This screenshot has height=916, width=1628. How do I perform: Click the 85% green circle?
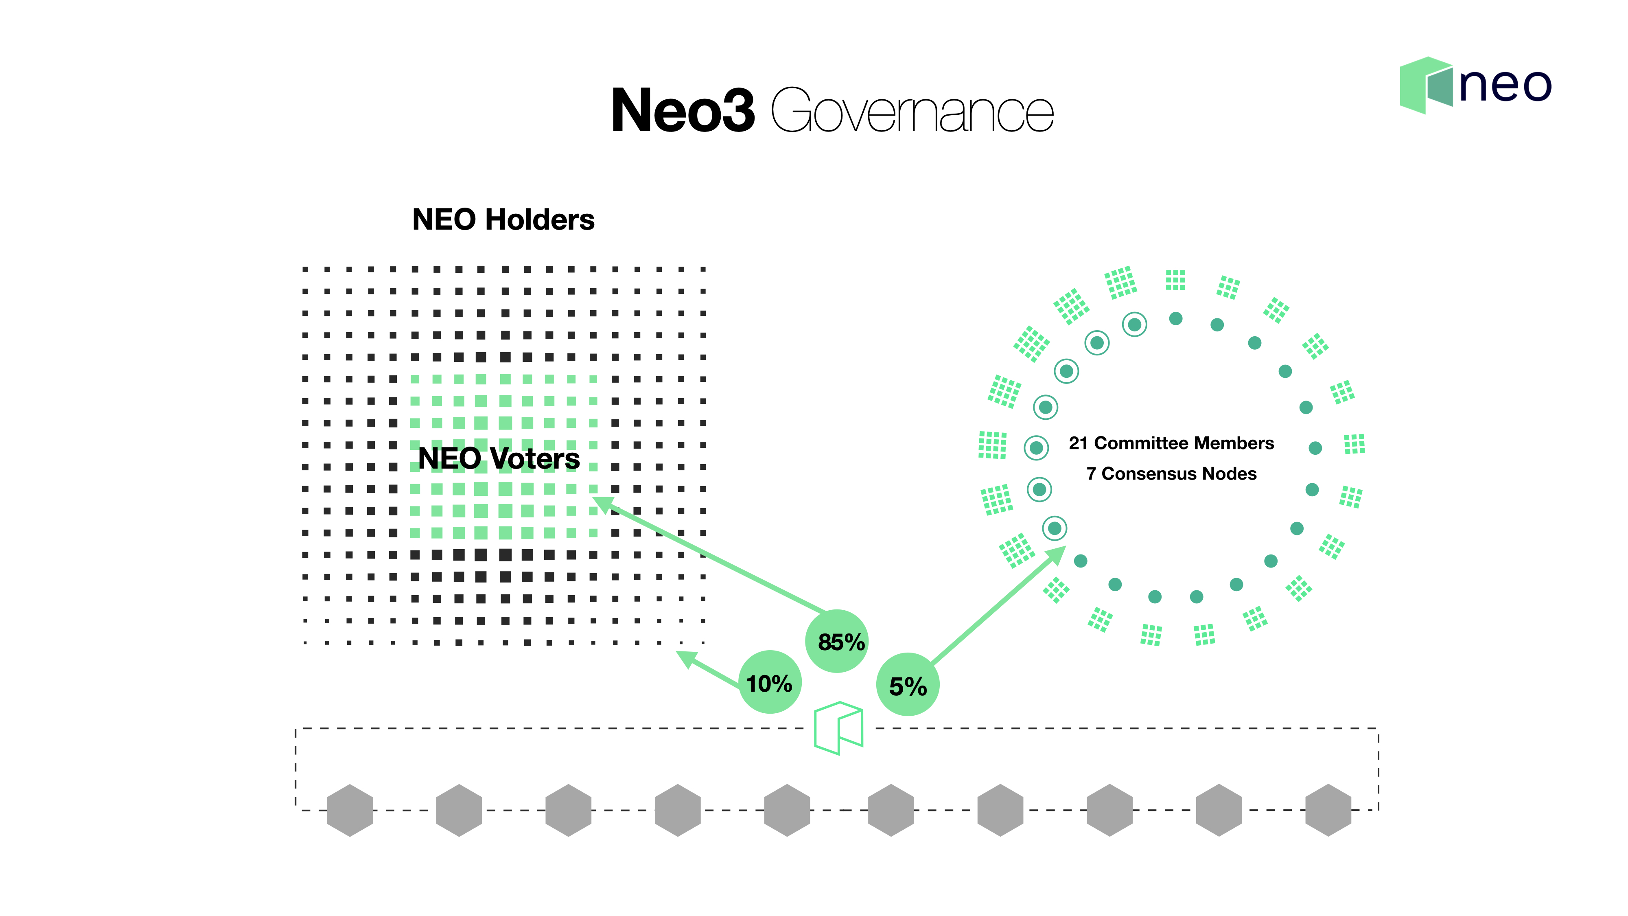(837, 641)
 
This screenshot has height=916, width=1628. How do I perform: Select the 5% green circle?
(908, 685)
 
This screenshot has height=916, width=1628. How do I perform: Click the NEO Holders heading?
(503, 219)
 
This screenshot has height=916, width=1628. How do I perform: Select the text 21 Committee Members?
(1171, 443)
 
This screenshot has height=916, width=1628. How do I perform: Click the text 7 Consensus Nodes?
(1171, 473)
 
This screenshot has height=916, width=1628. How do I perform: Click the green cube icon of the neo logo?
(1426, 85)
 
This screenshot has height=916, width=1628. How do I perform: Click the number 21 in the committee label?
(1078, 443)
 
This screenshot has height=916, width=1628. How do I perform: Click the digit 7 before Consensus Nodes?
(1091, 473)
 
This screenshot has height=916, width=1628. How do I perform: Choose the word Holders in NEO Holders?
(539, 219)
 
